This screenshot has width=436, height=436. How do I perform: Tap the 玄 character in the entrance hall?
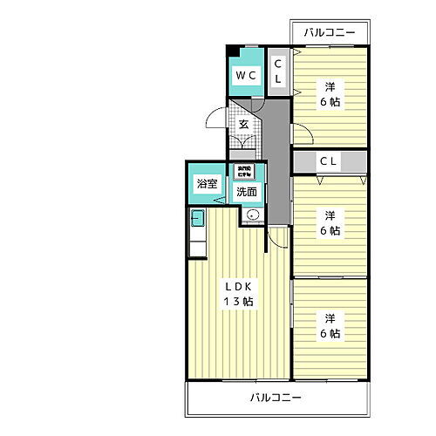244,124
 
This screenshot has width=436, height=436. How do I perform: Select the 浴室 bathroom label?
206,185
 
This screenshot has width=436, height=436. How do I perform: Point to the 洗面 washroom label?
246,192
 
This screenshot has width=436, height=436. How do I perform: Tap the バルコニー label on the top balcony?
330,33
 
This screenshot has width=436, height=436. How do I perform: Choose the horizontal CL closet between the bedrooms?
329,160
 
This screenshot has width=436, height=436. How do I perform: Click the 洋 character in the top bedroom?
330,87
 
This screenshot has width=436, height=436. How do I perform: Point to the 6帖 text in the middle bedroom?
330,231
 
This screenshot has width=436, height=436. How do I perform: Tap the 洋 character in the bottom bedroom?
330,317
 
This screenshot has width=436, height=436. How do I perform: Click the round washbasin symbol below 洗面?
253,215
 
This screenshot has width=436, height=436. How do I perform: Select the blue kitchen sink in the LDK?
197,217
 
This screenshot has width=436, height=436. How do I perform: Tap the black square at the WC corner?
231,51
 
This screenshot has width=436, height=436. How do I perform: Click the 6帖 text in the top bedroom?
330,102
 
